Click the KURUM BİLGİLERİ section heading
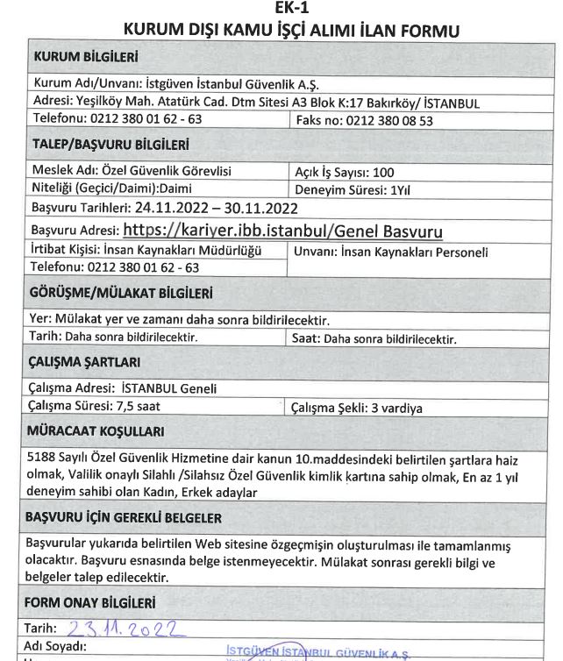tap(86, 58)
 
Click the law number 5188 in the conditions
tap(45, 460)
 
